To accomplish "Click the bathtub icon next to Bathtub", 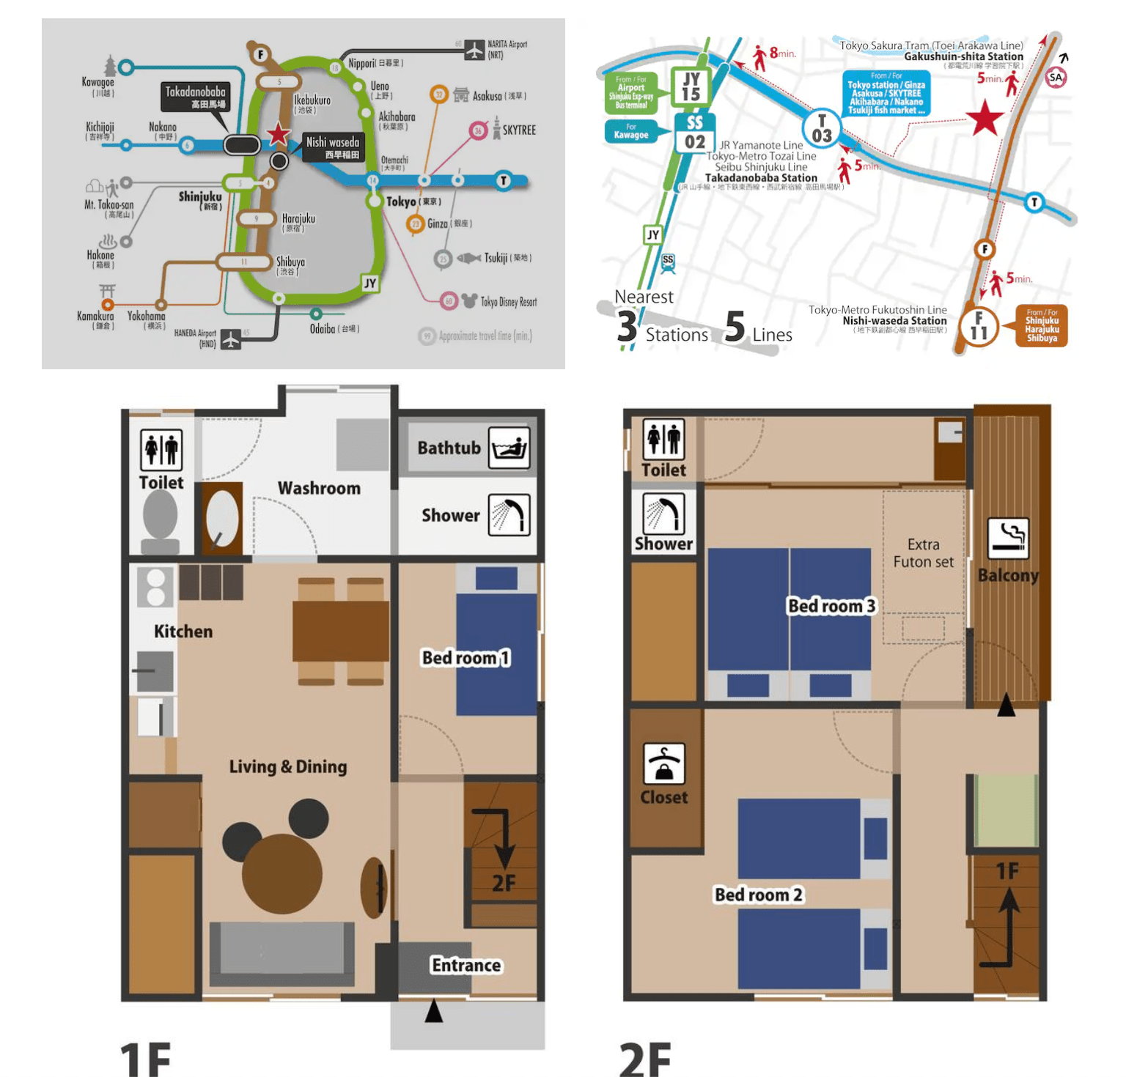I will pyautogui.click(x=509, y=448).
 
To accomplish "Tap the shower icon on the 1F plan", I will pyautogui.click(x=509, y=515).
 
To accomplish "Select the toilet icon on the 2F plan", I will pyautogui.click(x=663, y=439).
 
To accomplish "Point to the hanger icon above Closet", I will pyautogui.click(x=663, y=763).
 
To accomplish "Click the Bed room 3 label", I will pyautogui.click(x=831, y=606).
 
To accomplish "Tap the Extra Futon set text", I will pyautogui.click(x=923, y=553).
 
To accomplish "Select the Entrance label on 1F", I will pyautogui.click(x=466, y=965).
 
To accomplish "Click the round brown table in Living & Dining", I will pyautogui.click(x=281, y=873).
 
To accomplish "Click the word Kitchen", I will pyautogui.click(x=183, y=632).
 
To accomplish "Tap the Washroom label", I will pyautogui.click(x=319, y=488).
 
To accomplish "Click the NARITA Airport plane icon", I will pyautogui.click(x=475, y=50).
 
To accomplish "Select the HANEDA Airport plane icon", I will pyautogui.click(x=231, y=339).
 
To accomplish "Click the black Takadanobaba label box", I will pyautogui.click(x=196, y=97).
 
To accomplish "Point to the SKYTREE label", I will pyautogui.click(x=519, y=130).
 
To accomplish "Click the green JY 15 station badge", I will pyautogui.click(x=691, y=87).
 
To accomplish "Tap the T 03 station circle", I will pyautogui.click(x=822, y=129).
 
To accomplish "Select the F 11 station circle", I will pyautogui.click(x=978, y=326).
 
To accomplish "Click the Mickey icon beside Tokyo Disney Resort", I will pyautogui.click(x=469, y=300).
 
